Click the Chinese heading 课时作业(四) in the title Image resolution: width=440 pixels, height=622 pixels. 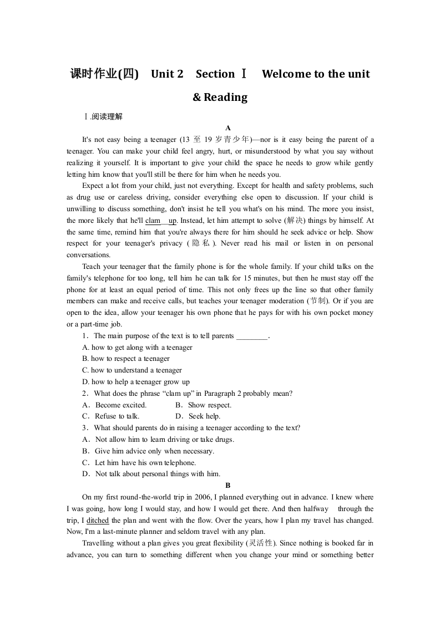[x=104, y=74]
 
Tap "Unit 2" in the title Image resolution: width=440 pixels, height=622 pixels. [x=167, y=74]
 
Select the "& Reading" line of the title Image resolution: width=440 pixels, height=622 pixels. [x=220, y=98]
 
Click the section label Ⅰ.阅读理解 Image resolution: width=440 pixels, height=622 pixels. [x=103, y=116]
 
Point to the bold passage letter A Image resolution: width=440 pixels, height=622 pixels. [x=220, y=128]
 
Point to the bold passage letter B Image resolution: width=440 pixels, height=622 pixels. [x=220, y=486]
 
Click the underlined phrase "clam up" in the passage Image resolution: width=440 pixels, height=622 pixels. [x=161, y=220]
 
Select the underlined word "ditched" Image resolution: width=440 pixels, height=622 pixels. [x=98, y=520]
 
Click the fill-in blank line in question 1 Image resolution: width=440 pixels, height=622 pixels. [x=252, y=336]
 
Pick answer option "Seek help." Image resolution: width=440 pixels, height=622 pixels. [x=204, y=416]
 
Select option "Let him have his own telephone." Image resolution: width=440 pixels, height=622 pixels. [x=145, y=462]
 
